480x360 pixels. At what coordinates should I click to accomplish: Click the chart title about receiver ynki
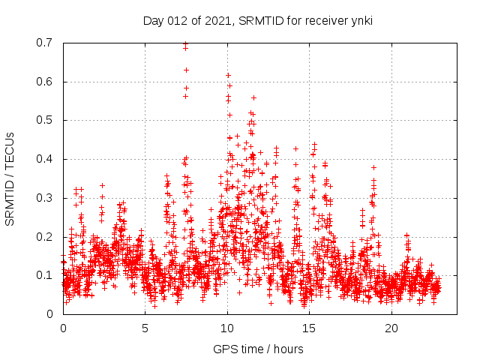click(x=258, y=21)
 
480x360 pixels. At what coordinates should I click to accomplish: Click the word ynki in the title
click(x=360, y=21)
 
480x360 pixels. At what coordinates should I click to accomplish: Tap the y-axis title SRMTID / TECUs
click(x=10, y=178)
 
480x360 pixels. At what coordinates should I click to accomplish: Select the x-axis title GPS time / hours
click(x=258, y=349)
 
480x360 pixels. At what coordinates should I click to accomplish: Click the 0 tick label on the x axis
click(x=63, y=328)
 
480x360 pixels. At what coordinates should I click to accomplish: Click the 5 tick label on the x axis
click(x=145, y=328)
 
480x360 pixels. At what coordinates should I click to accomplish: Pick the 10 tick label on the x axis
click(x=227, y=328)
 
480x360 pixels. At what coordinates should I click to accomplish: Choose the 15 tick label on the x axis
click(x=310, y=328)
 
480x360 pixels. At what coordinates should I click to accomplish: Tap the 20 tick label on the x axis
click(x=391, y=328)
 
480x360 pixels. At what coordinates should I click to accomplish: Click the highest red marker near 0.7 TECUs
click(x=185, y=44)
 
